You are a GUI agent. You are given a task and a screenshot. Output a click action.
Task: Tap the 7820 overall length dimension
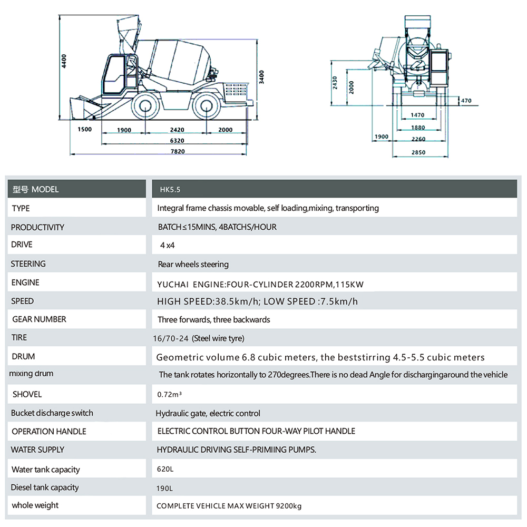click(x=178, y=151)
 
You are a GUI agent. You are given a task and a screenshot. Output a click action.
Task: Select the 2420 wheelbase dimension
click(x=177, y=130)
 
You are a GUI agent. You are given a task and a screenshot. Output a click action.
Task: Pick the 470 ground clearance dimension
click(x=466, y=101)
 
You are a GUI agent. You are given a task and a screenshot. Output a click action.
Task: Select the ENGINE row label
click(x=25, y=282)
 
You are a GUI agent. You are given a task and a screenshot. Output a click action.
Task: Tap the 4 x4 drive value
click(x=167, y=245)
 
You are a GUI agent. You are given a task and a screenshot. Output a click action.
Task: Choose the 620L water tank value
click(x=164, y=469)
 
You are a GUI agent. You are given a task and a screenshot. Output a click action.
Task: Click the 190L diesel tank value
click(x=164, y=488)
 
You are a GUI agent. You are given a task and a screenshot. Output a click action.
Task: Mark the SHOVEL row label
click(x=27, y=394)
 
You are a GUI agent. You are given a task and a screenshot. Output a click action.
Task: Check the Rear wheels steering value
click(x=193, y=264)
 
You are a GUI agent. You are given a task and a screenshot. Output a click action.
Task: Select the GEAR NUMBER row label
click(x=39, y=319)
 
